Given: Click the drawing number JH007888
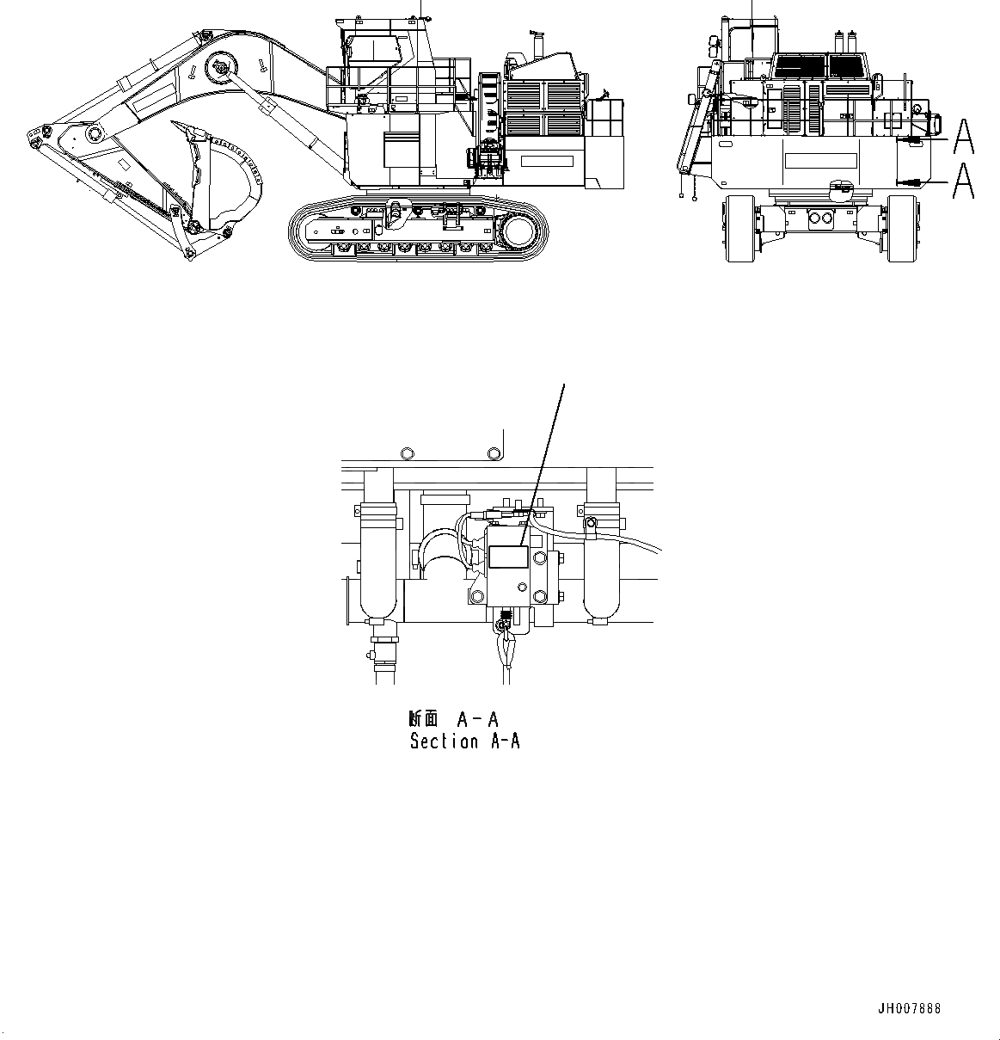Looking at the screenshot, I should point(909,1009).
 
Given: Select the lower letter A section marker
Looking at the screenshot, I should point(964,181).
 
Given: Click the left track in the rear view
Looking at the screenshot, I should point(741,228).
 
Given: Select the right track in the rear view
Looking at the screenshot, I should point(903,228).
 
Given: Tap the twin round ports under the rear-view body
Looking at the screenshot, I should point(820,218).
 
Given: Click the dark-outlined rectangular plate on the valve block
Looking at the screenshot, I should point(506,557).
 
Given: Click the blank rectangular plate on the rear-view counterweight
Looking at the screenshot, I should point(820,161).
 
